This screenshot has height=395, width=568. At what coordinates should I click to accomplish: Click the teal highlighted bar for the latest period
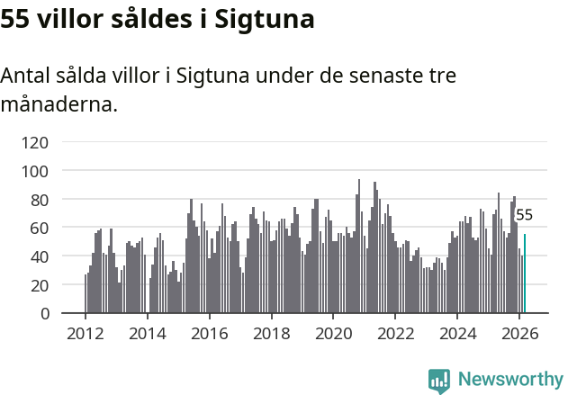[x=525, y=274]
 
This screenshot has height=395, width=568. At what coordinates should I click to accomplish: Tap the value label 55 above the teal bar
[x=524, y=215]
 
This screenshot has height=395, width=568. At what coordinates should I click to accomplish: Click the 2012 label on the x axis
[x=86, y=333]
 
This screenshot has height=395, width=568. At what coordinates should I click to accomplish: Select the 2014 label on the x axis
[x=148, y=333]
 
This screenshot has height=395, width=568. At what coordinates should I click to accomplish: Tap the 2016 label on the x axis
[x=210, y=333]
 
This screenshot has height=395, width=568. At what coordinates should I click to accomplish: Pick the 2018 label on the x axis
[x=271, y=333]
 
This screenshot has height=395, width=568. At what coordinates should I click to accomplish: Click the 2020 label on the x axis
[x=333, y=333]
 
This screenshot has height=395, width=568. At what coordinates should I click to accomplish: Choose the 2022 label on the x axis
[x=395, y=333]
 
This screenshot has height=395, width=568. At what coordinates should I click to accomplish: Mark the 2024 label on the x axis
[x=457, y=333]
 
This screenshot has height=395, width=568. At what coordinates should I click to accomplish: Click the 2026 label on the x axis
[x=518, y=333]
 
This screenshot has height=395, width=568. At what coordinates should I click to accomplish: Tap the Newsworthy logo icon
[x=440, y=381]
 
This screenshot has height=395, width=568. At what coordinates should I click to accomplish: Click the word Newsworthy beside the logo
[x=510, y=380]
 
